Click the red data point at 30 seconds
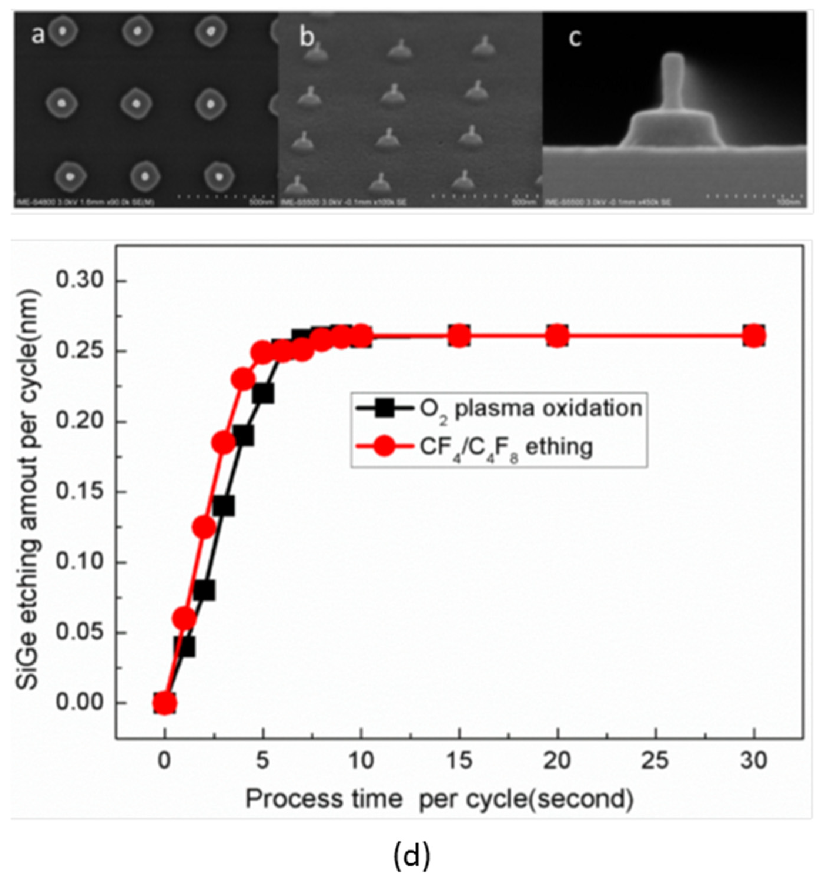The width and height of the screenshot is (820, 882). [753, 336]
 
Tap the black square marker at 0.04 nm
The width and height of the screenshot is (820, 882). [185, 647]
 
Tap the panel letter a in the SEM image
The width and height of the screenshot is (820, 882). [38, 35]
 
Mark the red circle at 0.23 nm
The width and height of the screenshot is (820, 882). [243, 379]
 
